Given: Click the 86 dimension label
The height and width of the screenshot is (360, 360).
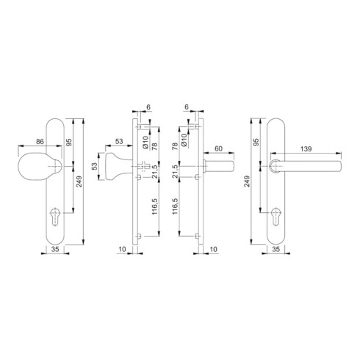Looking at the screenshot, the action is click(x=40, y=142).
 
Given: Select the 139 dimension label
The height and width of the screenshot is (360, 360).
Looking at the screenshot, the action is click(x=306, y=149).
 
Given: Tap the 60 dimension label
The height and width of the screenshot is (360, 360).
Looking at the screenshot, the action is click(x=218, y=148).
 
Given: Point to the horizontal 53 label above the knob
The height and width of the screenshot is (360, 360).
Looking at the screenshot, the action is click(x=119, y=141).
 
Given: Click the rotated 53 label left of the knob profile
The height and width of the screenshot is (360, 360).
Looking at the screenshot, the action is click(x=95, y=166).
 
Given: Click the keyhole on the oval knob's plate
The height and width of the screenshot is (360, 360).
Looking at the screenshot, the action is click(x=55, y=217).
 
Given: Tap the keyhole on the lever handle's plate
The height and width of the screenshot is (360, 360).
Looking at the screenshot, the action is click(x=276, y=217).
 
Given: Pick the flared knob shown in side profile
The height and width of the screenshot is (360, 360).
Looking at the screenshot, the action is click(x=116, y=167).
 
